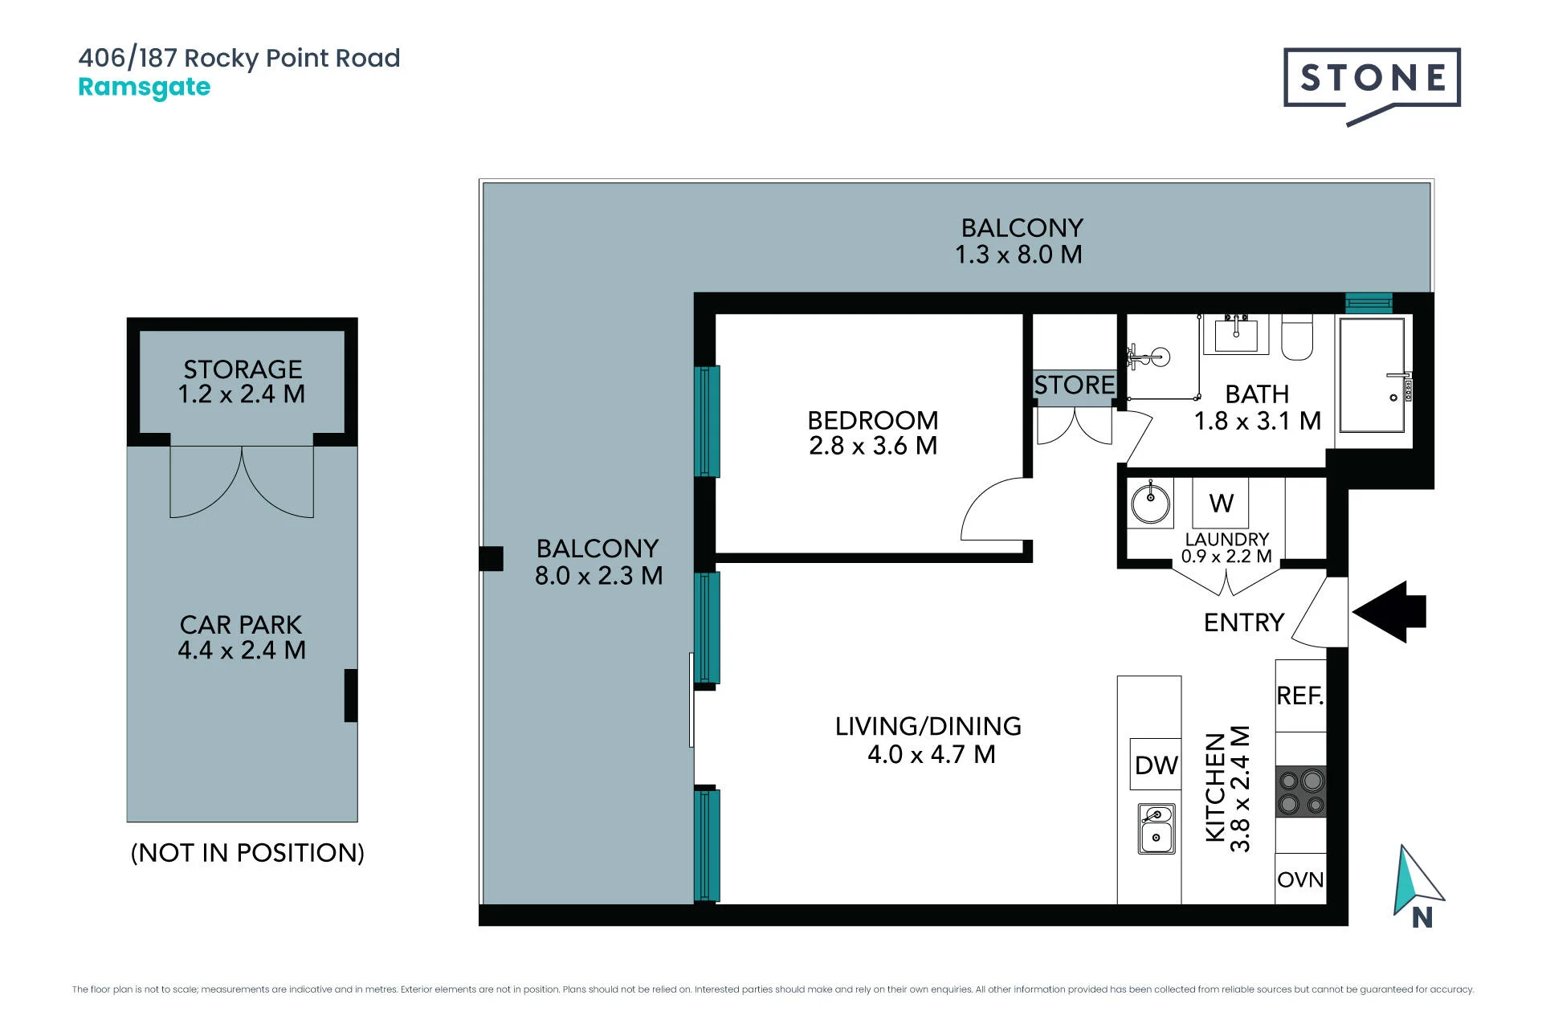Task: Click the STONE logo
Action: pyautogui.click(x=1372, y=84)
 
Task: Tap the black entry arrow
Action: pyautogui.click(x=1389, y=612)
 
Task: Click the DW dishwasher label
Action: pyautogui.click(x=1156, y=765)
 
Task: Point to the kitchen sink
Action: pyautogui.click(x=1156, y=828)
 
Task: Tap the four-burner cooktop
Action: pyautogui.click(x=1301, y=792)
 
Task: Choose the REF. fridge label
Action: pyautogui.click(x=1300, y=696)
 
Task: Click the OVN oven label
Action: pyautogui.click(x=1300, y=879)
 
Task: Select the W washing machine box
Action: pyautogui.click(x=1221, y=503)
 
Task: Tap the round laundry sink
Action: pyautogui.click(x=1151, y=503)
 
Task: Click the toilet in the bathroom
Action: pyautogui.click(x=1297, y=337)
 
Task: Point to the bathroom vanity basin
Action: pyautogui.click(x=1236, y=333)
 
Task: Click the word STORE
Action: pyautogui.click(x=1075, y=385)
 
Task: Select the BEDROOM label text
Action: pyautogui.click(x=873, y=420)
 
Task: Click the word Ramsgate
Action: pyautogui.click(x=145, y=87)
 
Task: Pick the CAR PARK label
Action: pyautogui.click(x=241, y=625)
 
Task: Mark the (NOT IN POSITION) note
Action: pyautogui.click(x=247, y=852)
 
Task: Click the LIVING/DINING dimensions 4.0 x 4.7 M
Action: pyautogui.click(x=932, y=754)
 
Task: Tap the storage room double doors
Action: pyautogui.click(x=242, y=482)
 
